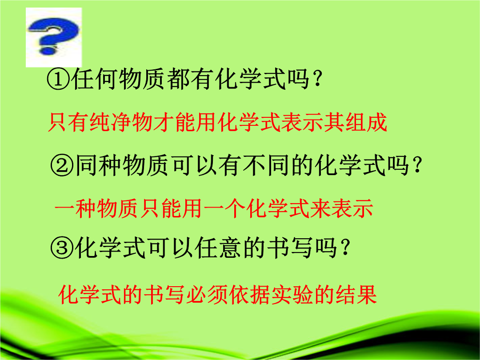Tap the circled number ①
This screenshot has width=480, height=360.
(x=59, y=79)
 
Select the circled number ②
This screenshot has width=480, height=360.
(x=62, y=165)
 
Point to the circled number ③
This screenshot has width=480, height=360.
(x=62, y=248)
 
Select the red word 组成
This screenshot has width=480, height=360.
(x=366, y=123)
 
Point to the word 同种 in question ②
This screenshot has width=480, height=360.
(x=98, y=165)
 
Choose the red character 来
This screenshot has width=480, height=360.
(x=320, y=209)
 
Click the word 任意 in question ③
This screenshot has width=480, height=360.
(x=218, y=248)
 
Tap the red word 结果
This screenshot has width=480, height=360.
(x=356, y=295)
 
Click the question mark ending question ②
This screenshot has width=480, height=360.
(x=417, y=165)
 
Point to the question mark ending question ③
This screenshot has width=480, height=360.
(x=345, y=248)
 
